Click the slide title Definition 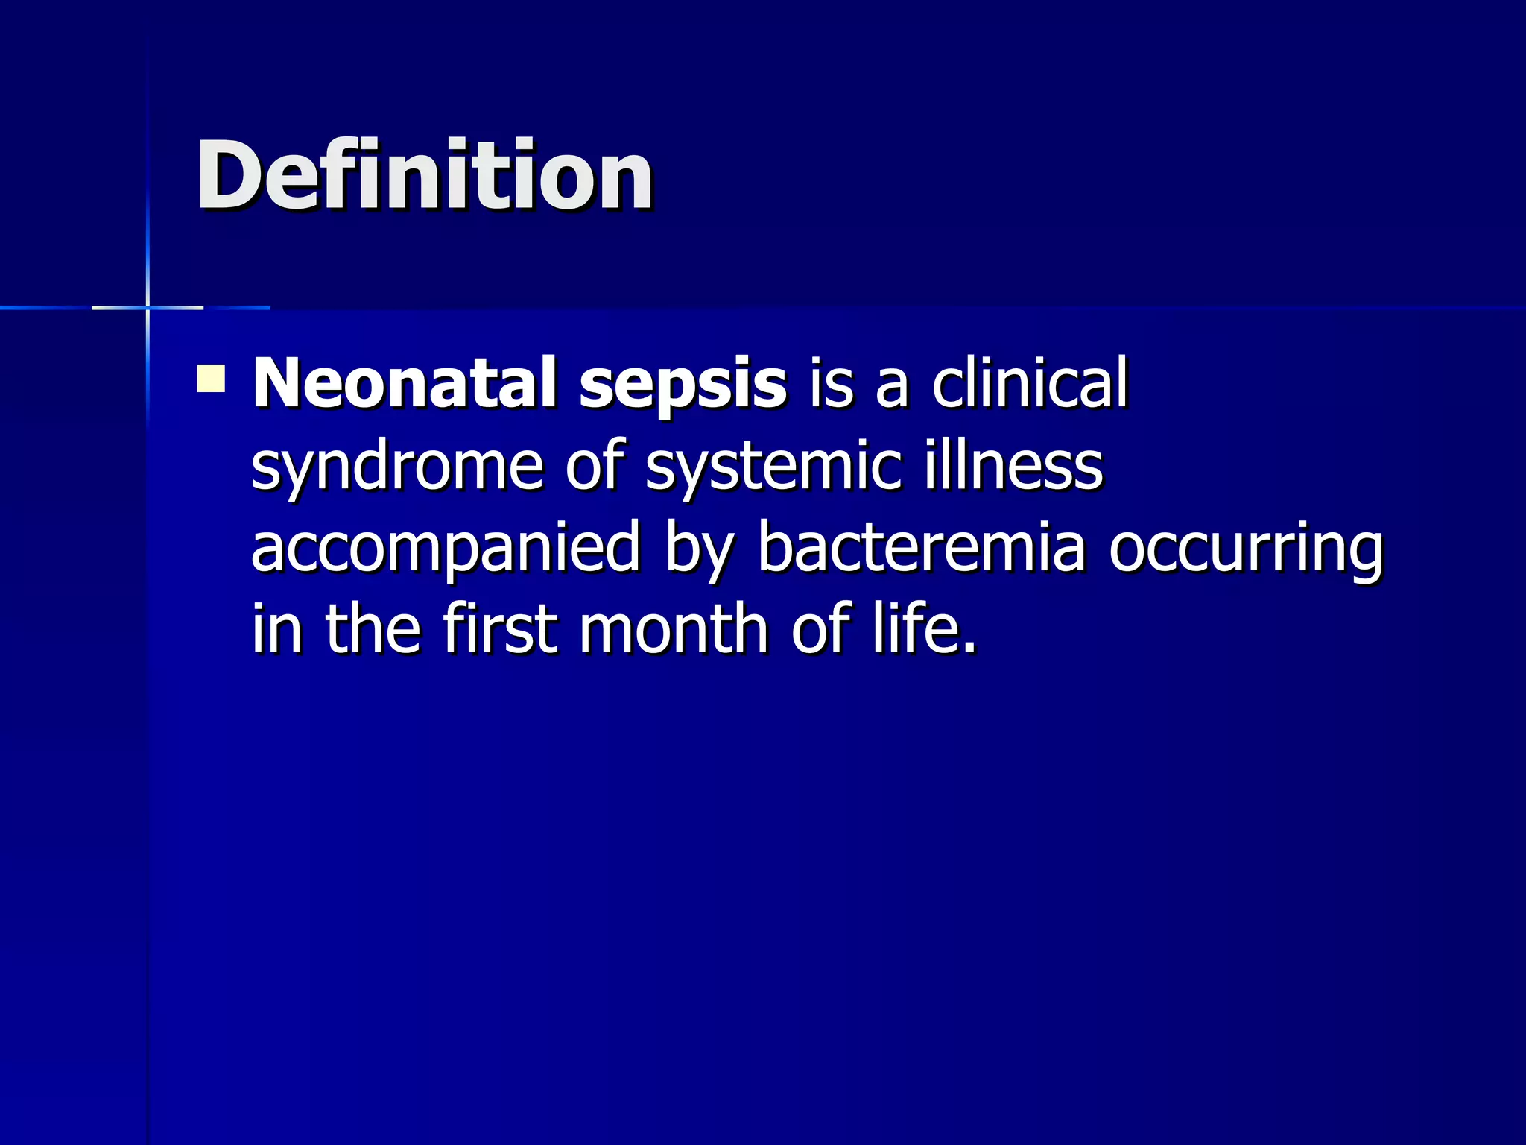pyautogui.click(x=425, y=177)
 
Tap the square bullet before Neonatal pyautogui.click(x=211, y=378)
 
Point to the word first pyautogui.click(x=500, y=628)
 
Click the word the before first pyautogui.click(x=373, y=628)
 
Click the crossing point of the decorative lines pyautogui.click(x=148, y=307)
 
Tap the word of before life pyautogui.click(x=820, y=628)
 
